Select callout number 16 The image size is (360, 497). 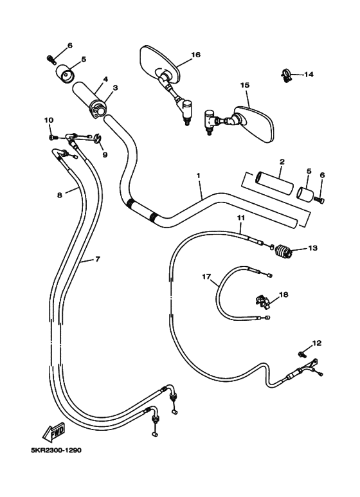195,55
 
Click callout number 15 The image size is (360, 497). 244,85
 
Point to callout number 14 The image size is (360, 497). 309,75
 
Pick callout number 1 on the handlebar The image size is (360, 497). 199,175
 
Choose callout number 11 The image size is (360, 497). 240,219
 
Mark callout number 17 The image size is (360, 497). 206,277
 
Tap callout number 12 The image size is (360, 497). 316,343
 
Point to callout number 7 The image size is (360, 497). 98,259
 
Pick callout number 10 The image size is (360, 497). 48,120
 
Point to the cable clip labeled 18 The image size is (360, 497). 260,301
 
